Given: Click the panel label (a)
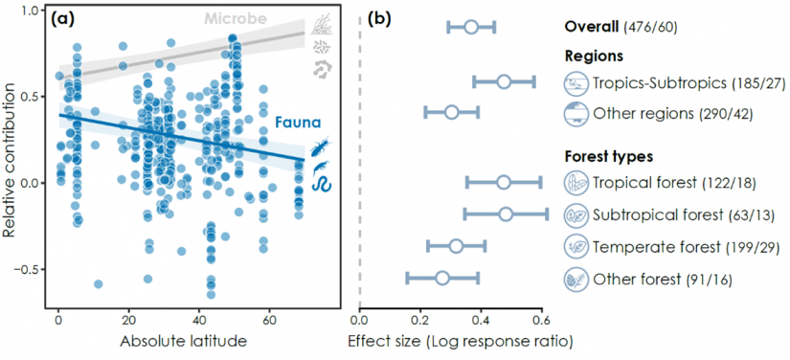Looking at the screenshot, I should (x=65, y=19).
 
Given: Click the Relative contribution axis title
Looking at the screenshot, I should (x=11, y=158).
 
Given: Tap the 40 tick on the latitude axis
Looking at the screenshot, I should (x=199, y=319).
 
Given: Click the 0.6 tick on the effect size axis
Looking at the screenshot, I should (x=541, y=319).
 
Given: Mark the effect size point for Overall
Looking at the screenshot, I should (x=470, y=27).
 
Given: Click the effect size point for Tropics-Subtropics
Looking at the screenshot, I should (x=504, y=81).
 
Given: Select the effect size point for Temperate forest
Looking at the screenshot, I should (x=456, y=246).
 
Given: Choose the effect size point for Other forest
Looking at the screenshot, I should (x=441, y=278).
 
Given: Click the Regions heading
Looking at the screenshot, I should (x=594, y=56).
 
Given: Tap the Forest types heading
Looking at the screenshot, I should (x=608, y=156).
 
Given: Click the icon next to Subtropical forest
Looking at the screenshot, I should (x=576, y=214).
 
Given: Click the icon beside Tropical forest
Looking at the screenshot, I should (x=576, y=181).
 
